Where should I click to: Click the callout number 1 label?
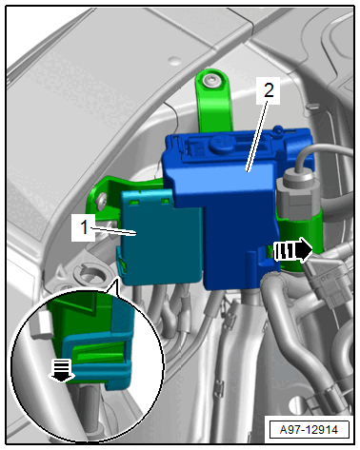(x=84, y=227)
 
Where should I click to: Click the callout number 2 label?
(x=269, y=90)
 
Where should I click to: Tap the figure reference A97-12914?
(x=310, y=430)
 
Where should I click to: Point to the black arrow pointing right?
(x=292, y=250)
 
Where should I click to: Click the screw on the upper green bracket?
(x=211, y=81)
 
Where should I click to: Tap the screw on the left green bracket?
(x=102, y=201)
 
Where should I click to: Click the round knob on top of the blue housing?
(x=221, y=144)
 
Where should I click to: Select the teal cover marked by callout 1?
(x=162, y=236)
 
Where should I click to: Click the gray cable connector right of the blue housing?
(x=294, y=194)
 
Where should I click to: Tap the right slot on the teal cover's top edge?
(x=165, y=201)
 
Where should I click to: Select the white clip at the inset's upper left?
(x=41, y=323)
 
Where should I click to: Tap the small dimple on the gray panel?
(x=174, y=60)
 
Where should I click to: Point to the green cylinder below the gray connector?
(x=300, y=240)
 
